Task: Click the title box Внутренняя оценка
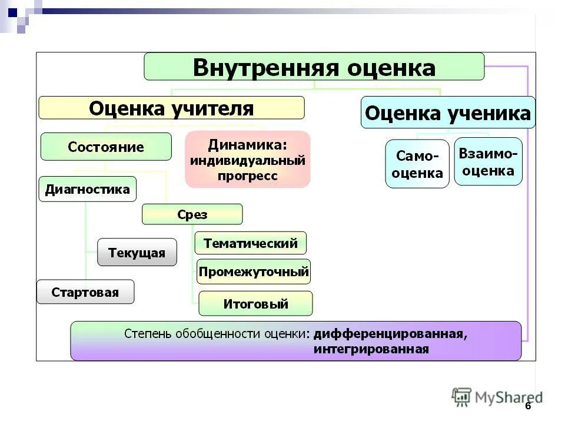click(x=314, y=67)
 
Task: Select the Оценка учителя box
click(x=171, y=108)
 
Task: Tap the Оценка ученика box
click(x=447, y=113)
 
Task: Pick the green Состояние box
click(x=106, y=147)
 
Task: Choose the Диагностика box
click(x=88, y=189)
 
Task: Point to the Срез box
click(x=192, y=214)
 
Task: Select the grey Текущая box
click(x=137, y=253)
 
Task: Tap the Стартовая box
click(x=85, y=292)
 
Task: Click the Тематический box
click(x=250, y=243)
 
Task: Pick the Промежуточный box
click(x=253, y=272)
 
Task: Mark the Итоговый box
click(x=255, y=304)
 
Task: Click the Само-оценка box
click(x=417, y=164)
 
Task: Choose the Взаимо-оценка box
click(x=488, y=162)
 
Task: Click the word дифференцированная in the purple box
click(x=390, y=334)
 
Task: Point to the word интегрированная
click(x=371, y=349)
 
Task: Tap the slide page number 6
click(x=527, y=406)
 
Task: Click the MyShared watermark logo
click(x=497, y=397)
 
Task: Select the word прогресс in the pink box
click(x=247, y=176)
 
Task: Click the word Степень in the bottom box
click(x=147, y=334)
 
